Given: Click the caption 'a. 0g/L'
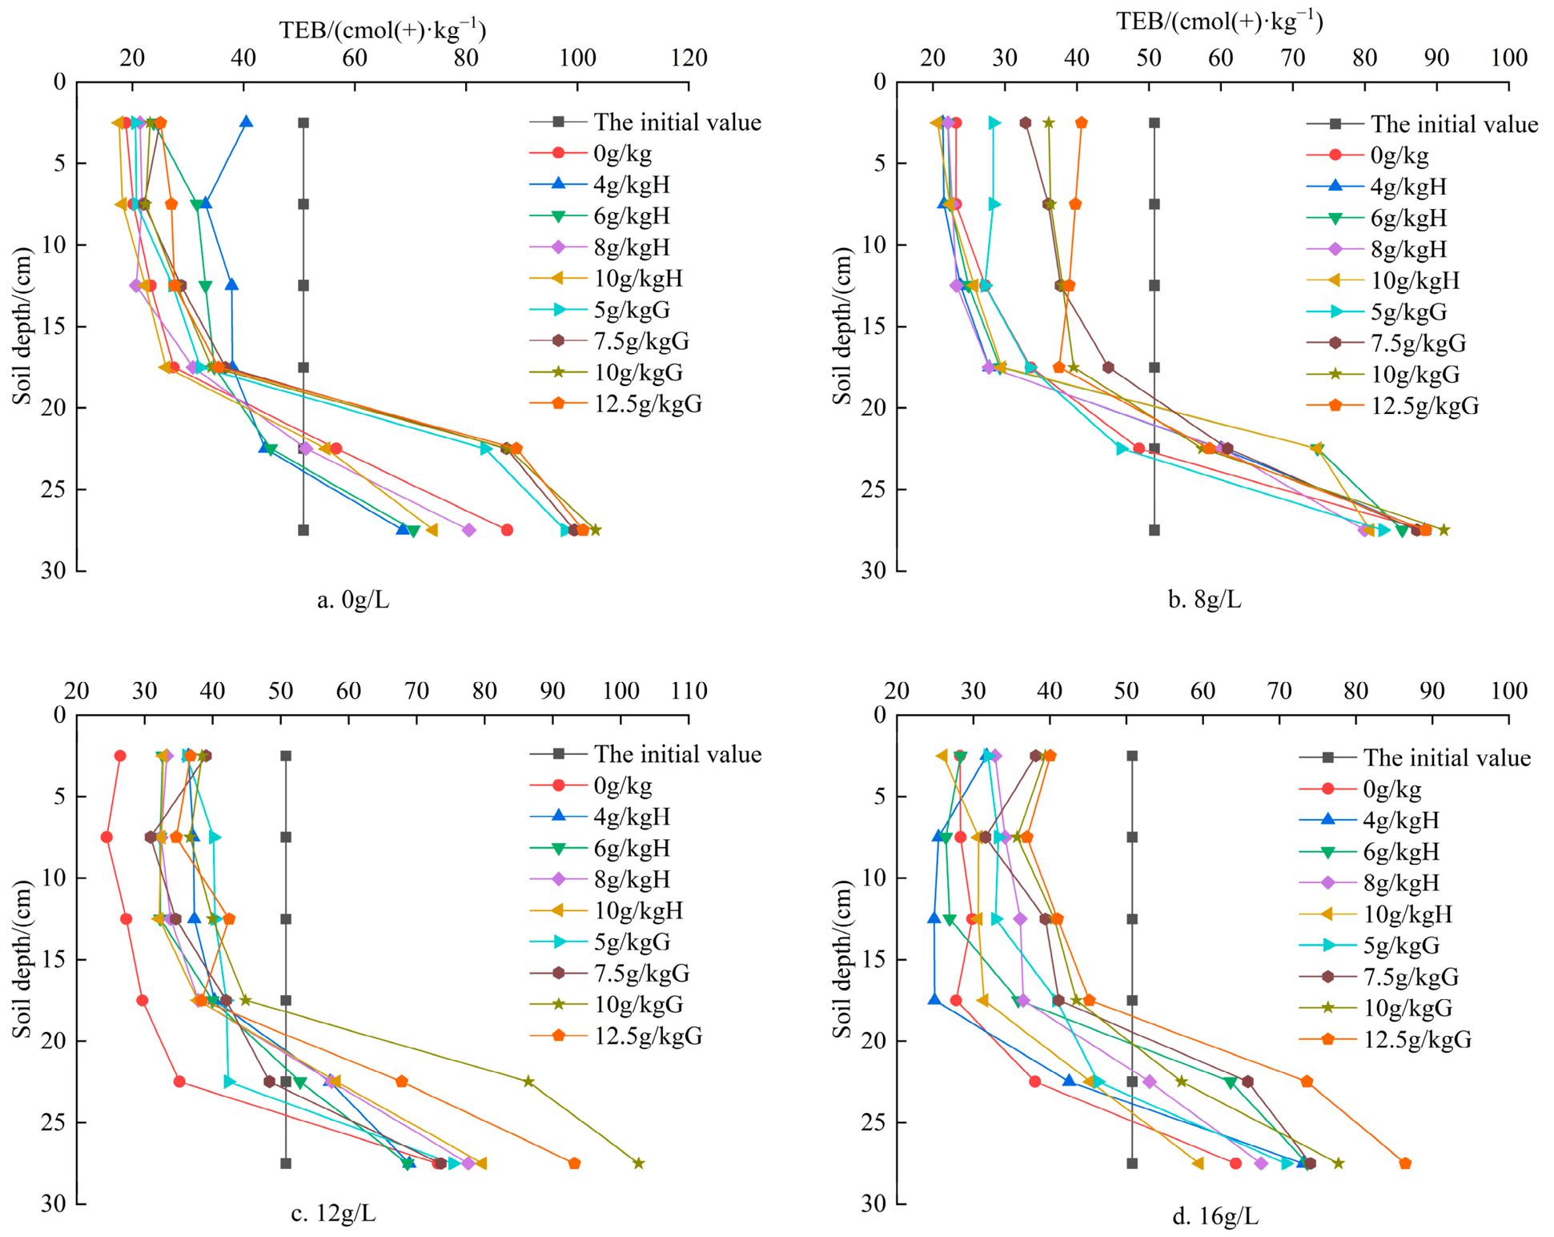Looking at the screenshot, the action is [353, 600].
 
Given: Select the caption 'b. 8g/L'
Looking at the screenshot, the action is [1205, 600].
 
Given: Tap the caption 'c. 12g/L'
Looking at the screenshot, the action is [333, 1214].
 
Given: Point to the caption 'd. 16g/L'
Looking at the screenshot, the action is [1215, 1217].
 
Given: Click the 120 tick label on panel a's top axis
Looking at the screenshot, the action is [689, 58].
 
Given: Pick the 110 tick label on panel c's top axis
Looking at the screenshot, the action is [689, 691].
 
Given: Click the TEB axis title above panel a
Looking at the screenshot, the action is [383, 30].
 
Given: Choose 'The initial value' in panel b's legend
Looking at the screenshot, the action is [1454, 124].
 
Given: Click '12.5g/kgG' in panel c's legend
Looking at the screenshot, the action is [648, 1036].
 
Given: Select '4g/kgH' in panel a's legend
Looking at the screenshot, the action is [632, 185].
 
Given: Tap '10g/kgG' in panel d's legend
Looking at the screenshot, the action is [1407, 1008].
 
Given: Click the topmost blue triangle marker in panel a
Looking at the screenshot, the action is [247, 122].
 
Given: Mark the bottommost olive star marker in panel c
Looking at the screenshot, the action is [638, 1163].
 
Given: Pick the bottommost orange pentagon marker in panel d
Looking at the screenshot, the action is [1405, 1163].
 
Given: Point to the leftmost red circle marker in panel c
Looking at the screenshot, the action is [106, 837].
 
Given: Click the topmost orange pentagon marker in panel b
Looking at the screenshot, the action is [1082, 122].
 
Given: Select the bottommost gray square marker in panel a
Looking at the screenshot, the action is [303, 530].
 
